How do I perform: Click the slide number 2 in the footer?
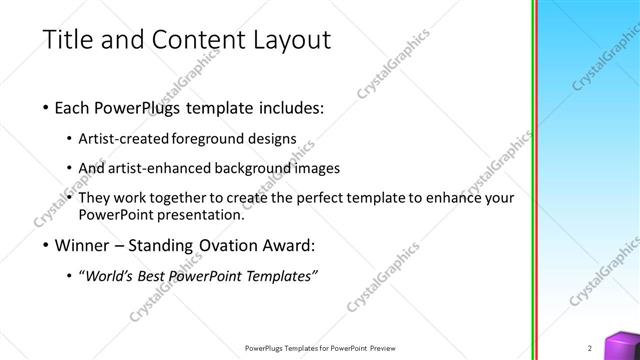[590, 347]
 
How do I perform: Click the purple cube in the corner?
[625, 344]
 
